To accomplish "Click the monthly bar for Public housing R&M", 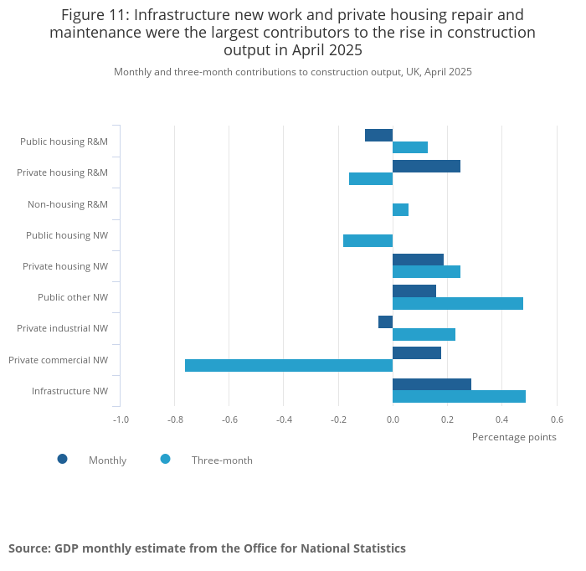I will click(x=378, y=135).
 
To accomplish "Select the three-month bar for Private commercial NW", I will click(x=289, y=365).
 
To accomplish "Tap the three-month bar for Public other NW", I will click(x=458, y=303).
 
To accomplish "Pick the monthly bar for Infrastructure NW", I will click(x=432, y=384).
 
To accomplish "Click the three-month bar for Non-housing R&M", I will click(x=400, y=209).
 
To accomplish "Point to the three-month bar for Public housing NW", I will click(x=368, y=241).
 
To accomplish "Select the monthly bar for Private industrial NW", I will click(x=385, y=322).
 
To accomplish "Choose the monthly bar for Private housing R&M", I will click(x=426, y=166).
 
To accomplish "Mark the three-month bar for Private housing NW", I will click(x=426, y=271).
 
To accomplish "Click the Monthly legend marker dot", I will click(x=62, y=459).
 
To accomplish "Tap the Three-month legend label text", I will click(x=222, y=460).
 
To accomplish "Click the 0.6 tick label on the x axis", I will click(x=557, y=419).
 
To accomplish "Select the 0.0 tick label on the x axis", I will click(x=393, y=419).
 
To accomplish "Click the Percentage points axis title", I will click(x=514, y=436).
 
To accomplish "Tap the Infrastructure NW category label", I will click(x=69, y=391).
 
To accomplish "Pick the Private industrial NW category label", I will click(x=62, y=328).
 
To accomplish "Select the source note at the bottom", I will click(x=207, y=548).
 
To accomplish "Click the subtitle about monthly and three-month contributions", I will click(x=293, y=72).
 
